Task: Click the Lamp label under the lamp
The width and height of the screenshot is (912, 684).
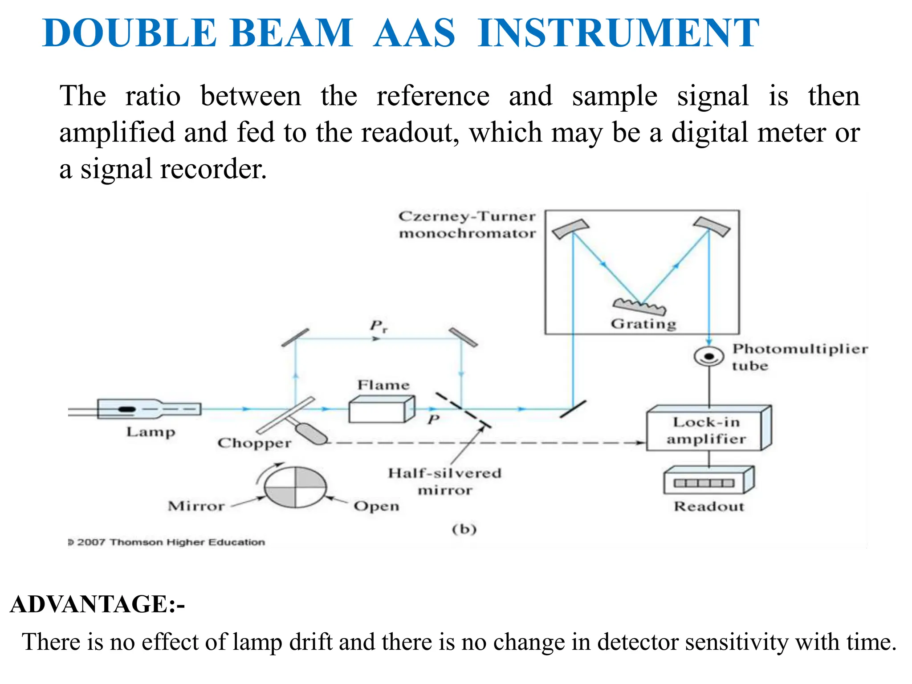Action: (151, 432)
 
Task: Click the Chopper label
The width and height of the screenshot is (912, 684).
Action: (254, 443)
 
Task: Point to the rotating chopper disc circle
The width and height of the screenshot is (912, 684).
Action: (295, 487)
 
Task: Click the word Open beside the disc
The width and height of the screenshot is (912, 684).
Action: (376, 506)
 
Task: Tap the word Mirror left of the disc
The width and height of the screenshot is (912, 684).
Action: (196, 506)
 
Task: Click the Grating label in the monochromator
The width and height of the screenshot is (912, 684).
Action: (643, 324)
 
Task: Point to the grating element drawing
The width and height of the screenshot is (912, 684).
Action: (640, 307)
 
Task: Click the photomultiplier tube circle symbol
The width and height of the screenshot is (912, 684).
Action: (708, 356)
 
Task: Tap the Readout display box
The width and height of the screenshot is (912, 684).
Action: (708, 481)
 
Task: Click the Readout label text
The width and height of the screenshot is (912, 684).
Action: (708, 506)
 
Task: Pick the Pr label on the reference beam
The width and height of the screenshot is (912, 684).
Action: (379, 326)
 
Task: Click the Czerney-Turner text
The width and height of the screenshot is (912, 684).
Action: (467, 216)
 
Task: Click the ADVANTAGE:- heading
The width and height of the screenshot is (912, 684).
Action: (97, 604)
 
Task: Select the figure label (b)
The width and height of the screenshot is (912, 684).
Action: (464, 529)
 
